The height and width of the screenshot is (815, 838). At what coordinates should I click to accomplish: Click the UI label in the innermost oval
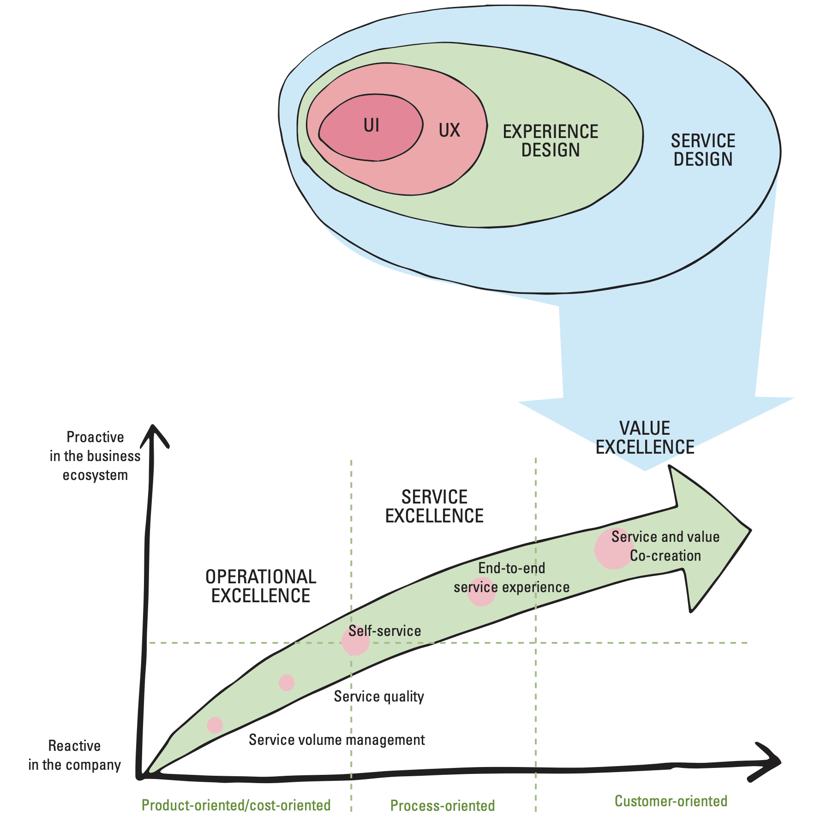[x=371, y=125]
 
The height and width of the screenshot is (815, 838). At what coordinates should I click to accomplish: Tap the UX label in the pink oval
[x=449, y=131]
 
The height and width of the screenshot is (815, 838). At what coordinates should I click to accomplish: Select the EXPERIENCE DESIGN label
[x=550, y=141]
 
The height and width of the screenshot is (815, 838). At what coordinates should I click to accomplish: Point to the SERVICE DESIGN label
[x=703, y=150]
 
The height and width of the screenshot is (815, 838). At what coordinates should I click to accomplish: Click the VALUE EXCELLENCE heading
[x=645, y=437]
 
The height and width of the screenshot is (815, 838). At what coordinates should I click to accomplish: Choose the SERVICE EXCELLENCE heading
[x=434, y=506]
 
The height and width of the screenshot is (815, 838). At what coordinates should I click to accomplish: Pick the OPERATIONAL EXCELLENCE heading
[x=261, y=586]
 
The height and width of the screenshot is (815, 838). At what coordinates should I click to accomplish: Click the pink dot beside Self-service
[x=355, y=641]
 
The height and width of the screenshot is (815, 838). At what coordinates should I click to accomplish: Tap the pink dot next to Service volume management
[x=215, y=725]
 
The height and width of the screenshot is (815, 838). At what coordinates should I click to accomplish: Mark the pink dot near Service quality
[x=287, y=682]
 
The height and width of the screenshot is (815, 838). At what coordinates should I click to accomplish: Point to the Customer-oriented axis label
[x=670, y=801]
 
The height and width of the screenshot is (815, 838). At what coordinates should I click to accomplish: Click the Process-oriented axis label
[x=443, y=805]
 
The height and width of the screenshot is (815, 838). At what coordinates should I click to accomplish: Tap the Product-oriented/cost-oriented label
[x=236, y=805]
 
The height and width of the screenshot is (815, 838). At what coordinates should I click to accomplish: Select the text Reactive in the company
[x=74, y=755]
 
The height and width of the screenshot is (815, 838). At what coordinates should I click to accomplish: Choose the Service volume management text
[x=336, y=740]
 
